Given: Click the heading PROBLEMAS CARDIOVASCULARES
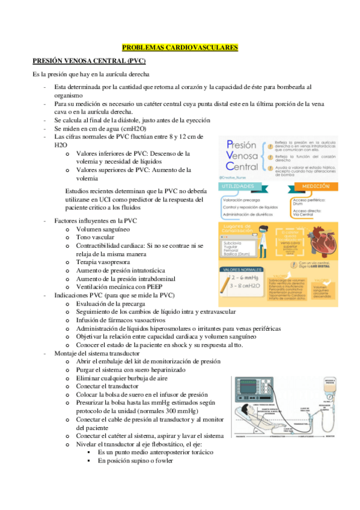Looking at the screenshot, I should [x=180, y=47].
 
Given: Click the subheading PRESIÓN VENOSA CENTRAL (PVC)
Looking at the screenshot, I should [x=88, y=61].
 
